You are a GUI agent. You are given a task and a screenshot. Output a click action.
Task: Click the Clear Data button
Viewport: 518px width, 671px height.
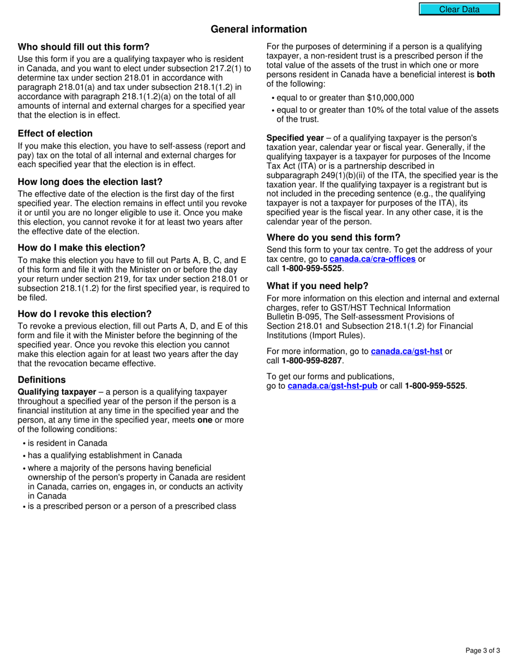click(459, 9)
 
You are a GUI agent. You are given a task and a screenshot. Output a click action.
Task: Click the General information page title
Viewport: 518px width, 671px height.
click(259, 29)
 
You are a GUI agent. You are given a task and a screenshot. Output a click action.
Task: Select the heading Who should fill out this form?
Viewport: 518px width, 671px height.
click(83, 47)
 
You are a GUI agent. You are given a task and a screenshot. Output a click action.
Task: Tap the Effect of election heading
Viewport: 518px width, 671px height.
click(55, 134)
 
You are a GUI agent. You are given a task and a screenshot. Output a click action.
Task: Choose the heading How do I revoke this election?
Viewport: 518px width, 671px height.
click(85, 314)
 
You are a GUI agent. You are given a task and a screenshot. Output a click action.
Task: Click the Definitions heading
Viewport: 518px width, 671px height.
click(41, 380)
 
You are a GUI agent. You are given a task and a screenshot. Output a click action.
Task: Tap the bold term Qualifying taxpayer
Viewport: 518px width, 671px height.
click(53, 392)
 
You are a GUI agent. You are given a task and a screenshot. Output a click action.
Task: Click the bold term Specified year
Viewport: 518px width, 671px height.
click(295, 138)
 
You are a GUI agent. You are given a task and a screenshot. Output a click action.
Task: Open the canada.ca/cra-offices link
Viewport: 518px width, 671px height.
click(372, 259)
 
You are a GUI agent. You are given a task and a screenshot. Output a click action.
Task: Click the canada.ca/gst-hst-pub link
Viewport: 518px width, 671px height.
click(332, 386)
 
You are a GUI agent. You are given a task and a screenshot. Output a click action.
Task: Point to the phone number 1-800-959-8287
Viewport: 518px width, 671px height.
click(312, 361)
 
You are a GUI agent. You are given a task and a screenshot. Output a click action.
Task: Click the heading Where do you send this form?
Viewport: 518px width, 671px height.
click(333, 237)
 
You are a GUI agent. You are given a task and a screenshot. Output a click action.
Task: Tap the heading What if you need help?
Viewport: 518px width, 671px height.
click(317, 286)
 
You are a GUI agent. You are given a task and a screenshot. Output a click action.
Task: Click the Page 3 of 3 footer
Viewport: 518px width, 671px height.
click(483, 650)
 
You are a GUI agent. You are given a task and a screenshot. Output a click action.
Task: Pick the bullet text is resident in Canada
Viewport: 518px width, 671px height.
click(68, 443)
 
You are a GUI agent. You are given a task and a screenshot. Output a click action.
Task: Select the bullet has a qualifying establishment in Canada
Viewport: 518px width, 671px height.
click(105, 455)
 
